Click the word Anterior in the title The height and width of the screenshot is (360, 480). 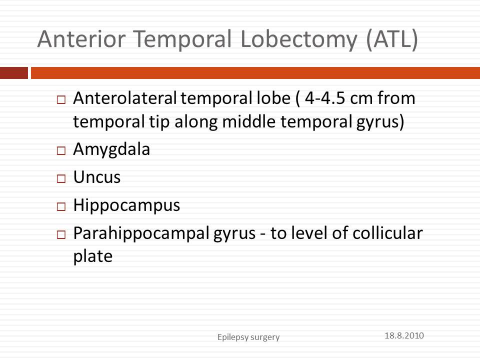[x=81, y=39]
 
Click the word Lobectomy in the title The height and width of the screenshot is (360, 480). [x=299, y=40]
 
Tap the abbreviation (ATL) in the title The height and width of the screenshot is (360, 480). [x=392, y=40]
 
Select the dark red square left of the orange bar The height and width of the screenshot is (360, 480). [x=14, y=73]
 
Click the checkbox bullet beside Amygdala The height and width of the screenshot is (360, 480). [x=61, y=150]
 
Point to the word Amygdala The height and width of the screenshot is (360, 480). [x=111, y=150]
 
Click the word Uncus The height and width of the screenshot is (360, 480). [x=96, y=177]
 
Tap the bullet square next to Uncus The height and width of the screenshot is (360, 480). [x=61, y=178]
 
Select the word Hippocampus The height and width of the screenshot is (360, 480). [x=126, y=205]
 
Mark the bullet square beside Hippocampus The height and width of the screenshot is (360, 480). [x=61, y=206]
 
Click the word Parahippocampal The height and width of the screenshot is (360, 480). [x=141, y=234]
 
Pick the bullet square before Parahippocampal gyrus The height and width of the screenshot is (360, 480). [x=61, y=235]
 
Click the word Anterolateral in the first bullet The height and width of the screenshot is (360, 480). [x=125, y=98]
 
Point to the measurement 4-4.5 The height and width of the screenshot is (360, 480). [x=325, y=98]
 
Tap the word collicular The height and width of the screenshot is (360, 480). [x=387, y=233]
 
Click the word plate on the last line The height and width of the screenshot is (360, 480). [x=93, y=257]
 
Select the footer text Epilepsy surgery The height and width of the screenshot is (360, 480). [x=248, y=337]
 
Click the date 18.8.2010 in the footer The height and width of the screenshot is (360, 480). [x=404, y=335]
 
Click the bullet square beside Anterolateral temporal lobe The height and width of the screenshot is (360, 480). [x=61, y=99]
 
